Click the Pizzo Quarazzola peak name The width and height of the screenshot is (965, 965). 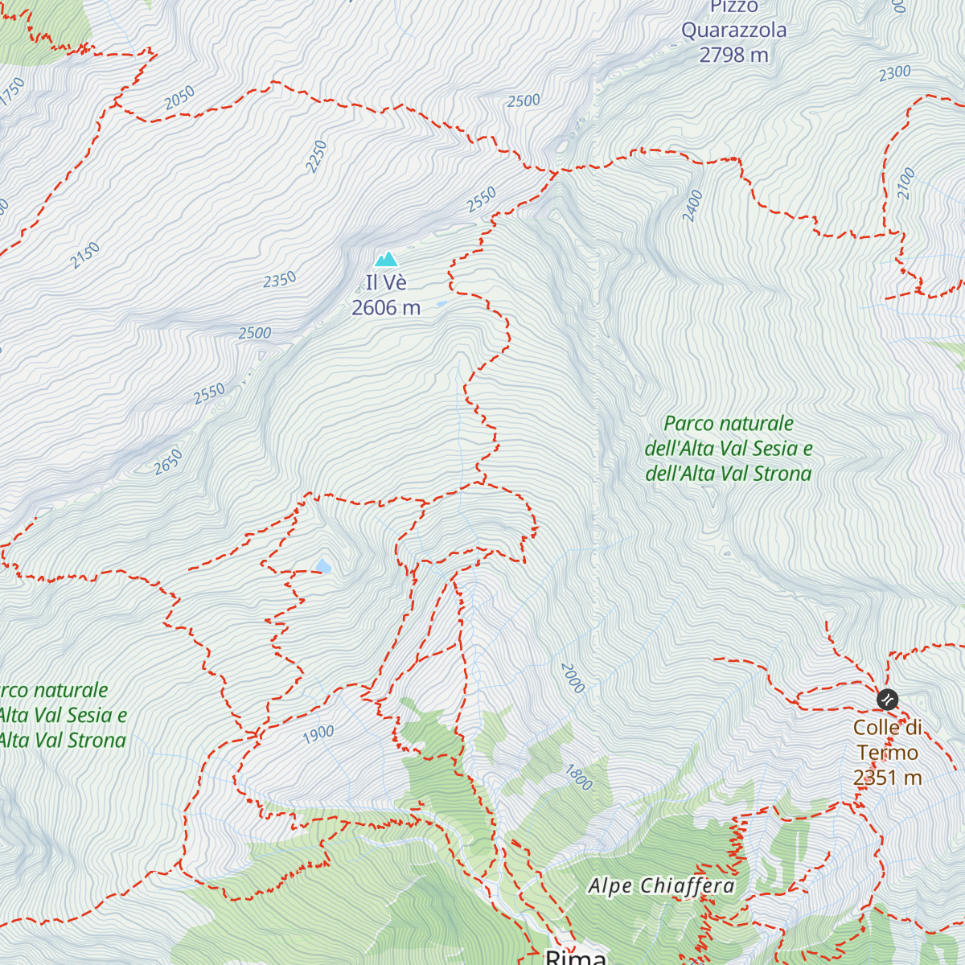pos(733,19)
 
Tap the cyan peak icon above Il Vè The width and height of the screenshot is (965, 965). pos(387,259)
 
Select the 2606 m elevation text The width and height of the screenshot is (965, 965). pos(386,308)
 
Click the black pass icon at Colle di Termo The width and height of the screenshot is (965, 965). pos(886,700)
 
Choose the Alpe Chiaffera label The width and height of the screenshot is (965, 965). pos(662,886)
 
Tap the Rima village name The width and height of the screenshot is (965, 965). pos(576,957)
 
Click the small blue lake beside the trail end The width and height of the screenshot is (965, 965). pos(323,567)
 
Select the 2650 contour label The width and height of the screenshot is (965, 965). pos(168,462)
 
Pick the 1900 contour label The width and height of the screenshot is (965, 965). pos(318,733)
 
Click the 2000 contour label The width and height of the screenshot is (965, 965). pos(573,678)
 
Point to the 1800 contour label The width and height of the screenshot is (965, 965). pos(578,778)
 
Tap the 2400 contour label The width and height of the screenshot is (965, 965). pos(692,206)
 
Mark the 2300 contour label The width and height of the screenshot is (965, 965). pos(894,73)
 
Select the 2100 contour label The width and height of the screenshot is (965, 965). pos(906,183)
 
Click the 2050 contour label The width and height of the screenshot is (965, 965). pos(180,97)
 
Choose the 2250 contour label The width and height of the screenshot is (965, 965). pos(316,156)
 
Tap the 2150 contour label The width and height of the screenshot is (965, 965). pos(84,255)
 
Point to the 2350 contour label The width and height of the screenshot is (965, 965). pos(280,280)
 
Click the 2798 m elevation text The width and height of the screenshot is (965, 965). pos(733,55)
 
